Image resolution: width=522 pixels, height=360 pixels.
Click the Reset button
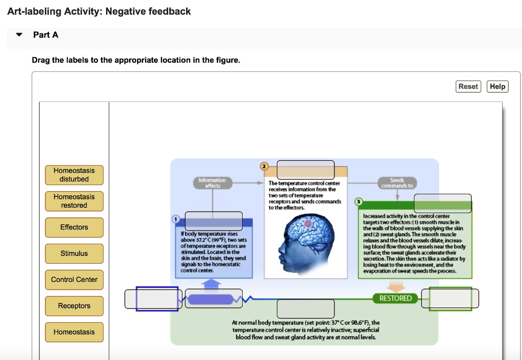tap(468, 87)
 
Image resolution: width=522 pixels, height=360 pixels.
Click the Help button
tap(498, 87)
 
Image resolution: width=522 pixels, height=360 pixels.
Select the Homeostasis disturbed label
tap(74, 175)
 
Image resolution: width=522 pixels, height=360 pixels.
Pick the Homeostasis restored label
tap(74, 201)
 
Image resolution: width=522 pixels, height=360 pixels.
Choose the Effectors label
tap(74, 227)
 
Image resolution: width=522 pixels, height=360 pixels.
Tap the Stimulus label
tap(74, 253)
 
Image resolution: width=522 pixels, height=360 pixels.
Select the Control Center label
tap(74, 279)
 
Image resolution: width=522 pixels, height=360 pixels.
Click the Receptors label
tap(74, 306)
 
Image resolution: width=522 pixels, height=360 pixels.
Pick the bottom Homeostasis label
tap(74, 332)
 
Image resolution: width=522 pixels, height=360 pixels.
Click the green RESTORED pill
tap(395, 298)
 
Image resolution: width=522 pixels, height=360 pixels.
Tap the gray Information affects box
tap(212, 183)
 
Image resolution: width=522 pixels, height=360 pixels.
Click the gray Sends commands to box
tap(397, 183)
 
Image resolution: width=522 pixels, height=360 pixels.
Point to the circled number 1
tap(176, 219)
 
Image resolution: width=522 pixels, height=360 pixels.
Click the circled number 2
tap(264, 166)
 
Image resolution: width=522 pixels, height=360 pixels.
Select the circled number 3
tap(359, 202)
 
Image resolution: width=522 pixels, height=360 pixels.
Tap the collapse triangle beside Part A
tap(19, 35)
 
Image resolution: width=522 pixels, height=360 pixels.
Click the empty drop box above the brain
tap(306, 169)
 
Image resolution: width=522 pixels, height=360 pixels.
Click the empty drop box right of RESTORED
tap(450, 299)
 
